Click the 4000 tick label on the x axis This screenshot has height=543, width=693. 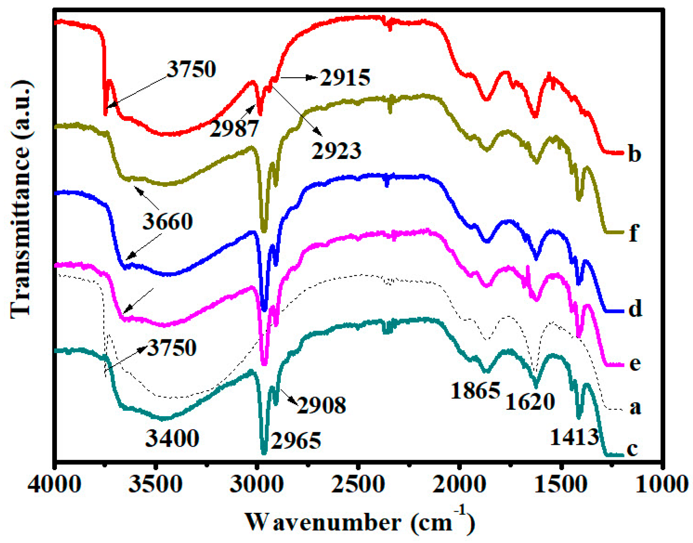click(x=55, y=485)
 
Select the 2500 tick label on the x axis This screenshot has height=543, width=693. click(x=358, y=485)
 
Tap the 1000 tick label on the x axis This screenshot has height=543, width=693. click(x=662, y=485)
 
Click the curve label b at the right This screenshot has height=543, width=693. click(x=634, y=154)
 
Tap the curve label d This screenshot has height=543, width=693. click(x=635, y=309)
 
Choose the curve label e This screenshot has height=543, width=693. click(x=635, y=363)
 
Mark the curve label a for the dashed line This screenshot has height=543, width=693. click(x=635, y=407)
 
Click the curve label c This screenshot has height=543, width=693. click(x=633, y=449)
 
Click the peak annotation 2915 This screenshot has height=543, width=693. click(x=345, y=78)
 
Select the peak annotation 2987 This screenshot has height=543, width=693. click(x=234, y=128)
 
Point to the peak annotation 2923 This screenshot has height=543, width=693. click(x=336, y=151)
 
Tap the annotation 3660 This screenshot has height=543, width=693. click(x=167, y=222)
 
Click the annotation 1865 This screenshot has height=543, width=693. click(x=475, y=391)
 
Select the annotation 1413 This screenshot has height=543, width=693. click(x=574, y=437)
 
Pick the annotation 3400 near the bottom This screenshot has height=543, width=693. click(x=172, y=438)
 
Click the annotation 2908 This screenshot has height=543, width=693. click(x=321, y=405)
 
